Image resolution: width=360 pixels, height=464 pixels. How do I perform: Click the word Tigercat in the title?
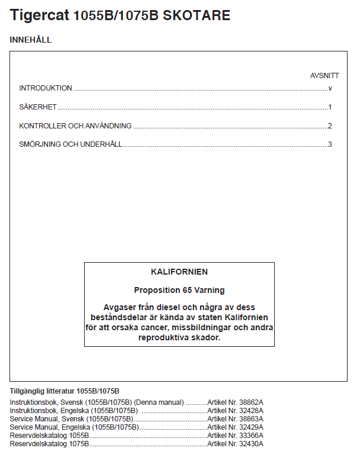tap(39, 16)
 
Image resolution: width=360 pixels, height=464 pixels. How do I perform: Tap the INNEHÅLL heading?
tap(31, 40)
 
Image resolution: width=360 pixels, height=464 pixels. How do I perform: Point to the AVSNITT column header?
tap(324, 76)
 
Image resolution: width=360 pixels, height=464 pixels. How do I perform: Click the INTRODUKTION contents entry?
tap(46, 88)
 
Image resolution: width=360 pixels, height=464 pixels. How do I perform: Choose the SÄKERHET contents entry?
tap(38, 107)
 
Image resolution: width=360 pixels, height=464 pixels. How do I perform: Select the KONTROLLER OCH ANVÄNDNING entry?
tap(75, 126)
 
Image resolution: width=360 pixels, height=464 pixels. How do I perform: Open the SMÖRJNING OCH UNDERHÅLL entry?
tap(70, 144)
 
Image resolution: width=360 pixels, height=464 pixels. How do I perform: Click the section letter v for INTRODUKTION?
tap(330, 88)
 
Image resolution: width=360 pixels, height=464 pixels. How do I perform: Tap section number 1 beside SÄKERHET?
tap(330, 107)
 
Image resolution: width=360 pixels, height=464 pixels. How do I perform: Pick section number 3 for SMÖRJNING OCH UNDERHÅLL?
tap(330, 144)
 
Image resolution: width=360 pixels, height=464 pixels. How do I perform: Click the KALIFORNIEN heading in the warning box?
tap(179, 272)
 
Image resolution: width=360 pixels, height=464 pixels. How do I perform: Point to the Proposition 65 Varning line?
tap(179, 291)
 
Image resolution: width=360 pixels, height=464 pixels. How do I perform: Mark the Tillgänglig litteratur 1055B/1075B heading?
tap(65, 391)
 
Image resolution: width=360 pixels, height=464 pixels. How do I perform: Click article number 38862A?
tap(249, 402)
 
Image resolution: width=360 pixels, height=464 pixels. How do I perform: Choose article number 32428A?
tap(249, 410)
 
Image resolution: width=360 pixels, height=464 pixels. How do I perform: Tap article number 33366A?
tap(249, 435)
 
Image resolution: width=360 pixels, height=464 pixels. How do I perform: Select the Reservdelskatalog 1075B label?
tap(49, 443)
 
